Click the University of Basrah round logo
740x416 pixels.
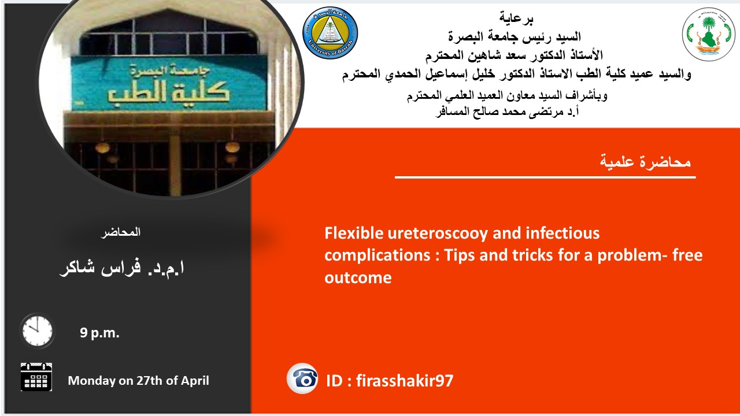click(330, 33)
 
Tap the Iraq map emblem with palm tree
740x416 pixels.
click(708, 34)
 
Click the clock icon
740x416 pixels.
click(37, 331)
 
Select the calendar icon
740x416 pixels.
click(36, 377)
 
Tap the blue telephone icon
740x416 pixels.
click(302, 378)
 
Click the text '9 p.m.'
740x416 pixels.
click(99, 333)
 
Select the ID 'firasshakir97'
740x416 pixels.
click(405, 380)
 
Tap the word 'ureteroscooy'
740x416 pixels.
click(438, 234)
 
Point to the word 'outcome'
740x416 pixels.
click(358, 278)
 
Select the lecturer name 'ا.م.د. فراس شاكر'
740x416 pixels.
click(122, 268)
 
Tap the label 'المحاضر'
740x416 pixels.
click(121, 232)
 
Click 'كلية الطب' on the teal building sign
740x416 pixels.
click(168, 92)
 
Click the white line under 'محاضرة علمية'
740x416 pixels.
click(545, 177)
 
